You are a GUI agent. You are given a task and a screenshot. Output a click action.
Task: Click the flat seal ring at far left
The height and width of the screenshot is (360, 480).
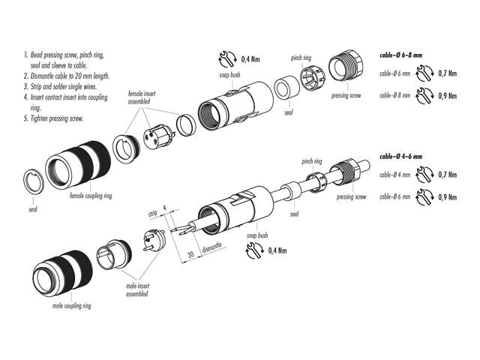[29, 181]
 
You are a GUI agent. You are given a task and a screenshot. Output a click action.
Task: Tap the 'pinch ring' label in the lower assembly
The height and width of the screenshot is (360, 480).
[312, 160]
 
